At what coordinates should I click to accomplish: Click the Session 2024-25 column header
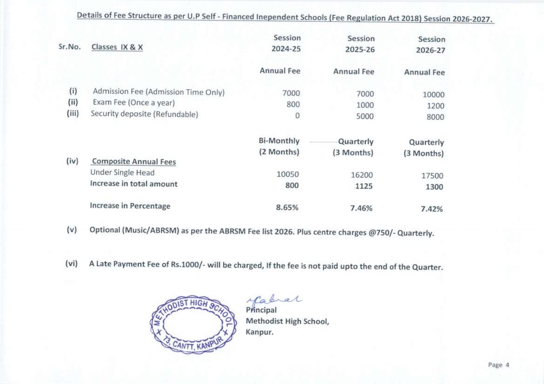[x=287, y=43]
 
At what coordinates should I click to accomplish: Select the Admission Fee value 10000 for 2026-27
[x=433, y=94]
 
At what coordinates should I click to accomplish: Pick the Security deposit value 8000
[x=435, y=117]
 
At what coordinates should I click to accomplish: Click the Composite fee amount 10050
[x=288, y=174]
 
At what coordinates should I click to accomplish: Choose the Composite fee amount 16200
[x=362, y=175]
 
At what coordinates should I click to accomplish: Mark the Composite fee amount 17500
[x=432, y=176]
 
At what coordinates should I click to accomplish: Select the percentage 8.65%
[x=287, y=207]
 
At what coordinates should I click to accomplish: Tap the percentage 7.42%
[x=431, y=209]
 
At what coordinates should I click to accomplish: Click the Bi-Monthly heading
[x=279, y=141]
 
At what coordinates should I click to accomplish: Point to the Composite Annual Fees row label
[x=134, y=162]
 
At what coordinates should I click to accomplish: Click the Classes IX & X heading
[x=117, y=47]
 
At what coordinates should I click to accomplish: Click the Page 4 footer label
[x=498, y=365]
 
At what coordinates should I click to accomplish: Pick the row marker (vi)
[x=71, y=264]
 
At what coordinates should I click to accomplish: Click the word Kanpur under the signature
[x=260, y=332]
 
